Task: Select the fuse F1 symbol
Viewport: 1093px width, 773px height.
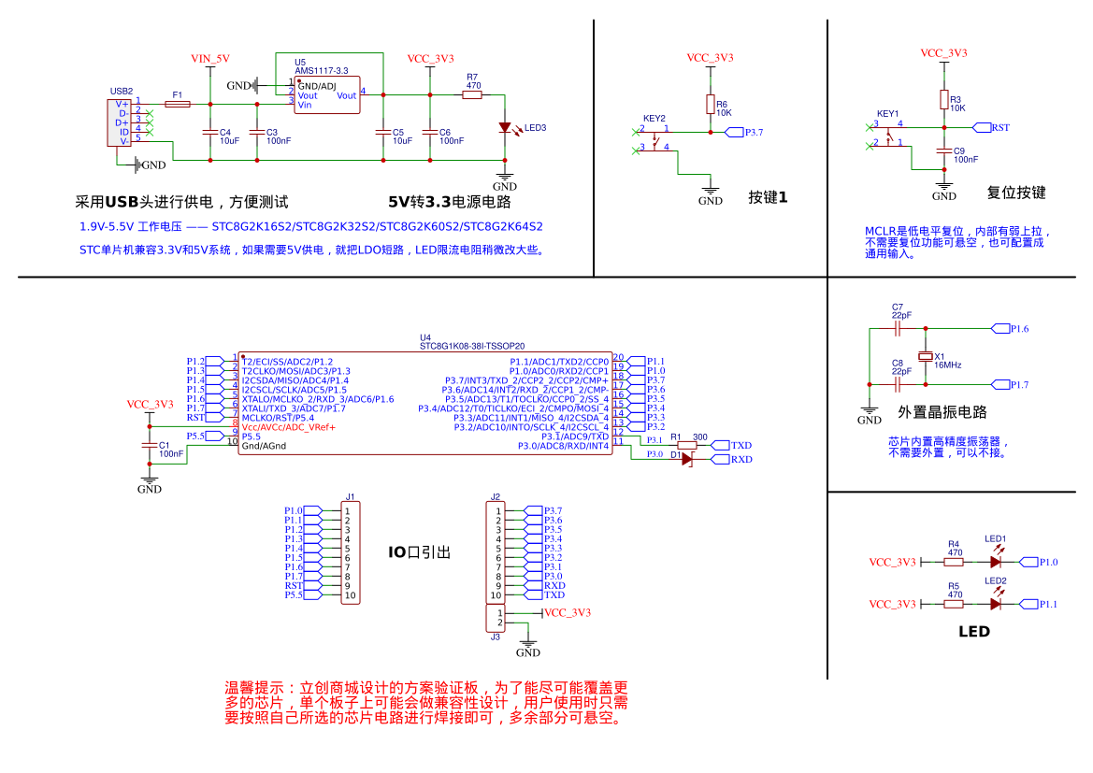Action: pos(177,104)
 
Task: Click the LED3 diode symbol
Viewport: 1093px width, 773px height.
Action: pos(505,128)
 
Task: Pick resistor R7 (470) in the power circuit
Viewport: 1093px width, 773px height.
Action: pos(472,94)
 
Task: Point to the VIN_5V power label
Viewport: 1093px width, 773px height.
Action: pos(209,58)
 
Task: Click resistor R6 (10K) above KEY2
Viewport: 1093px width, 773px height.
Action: pos(711,104)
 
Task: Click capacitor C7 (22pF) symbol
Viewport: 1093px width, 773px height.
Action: pos(898,329)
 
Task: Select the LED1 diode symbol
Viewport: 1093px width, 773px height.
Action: pos(995,562)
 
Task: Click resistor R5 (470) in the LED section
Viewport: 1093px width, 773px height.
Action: pos(954,604)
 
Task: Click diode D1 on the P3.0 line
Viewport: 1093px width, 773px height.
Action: pos(687,460)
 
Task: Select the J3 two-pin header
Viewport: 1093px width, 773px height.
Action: pos(494,618)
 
